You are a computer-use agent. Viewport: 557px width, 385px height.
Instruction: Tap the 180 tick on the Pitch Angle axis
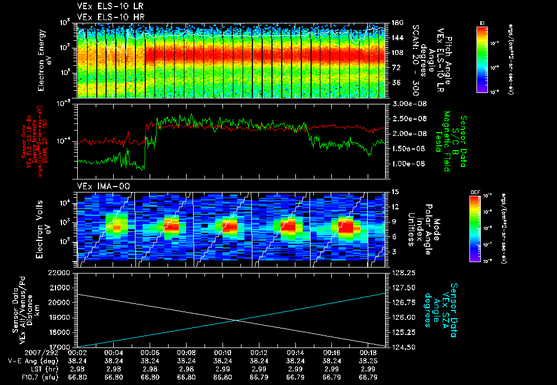coord(397,23)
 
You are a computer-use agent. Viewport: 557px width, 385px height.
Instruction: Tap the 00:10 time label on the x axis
coord(222,353)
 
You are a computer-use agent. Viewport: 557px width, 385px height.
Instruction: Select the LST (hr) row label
coord(41,368)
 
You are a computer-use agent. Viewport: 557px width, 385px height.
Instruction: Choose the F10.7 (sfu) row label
coord(36,376)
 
